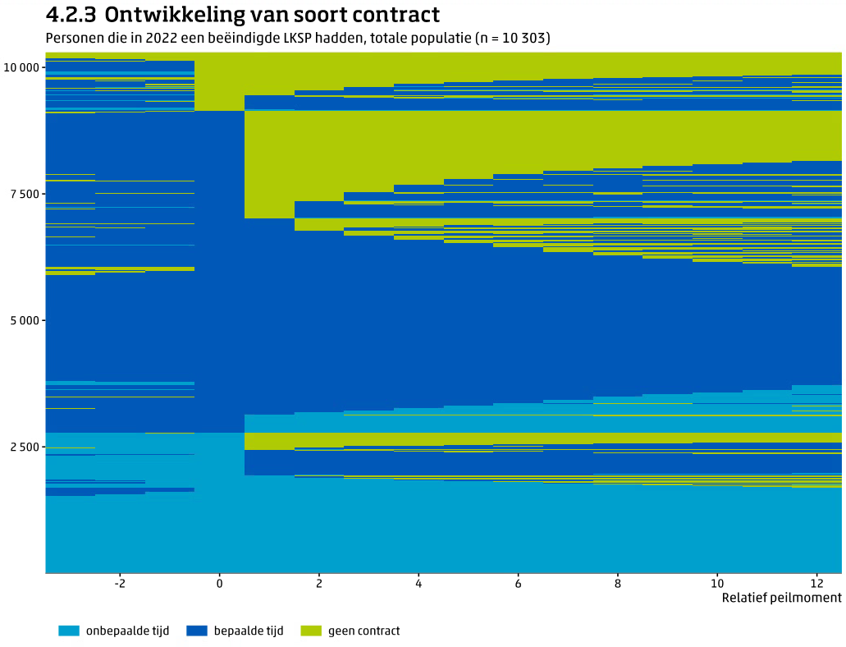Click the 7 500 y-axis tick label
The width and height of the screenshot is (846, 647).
point(24,194)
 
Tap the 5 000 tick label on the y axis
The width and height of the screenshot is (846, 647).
point(24,320)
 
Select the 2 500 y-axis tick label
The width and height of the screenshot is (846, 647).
point(24,447)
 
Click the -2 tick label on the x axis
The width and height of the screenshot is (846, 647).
point(119,583)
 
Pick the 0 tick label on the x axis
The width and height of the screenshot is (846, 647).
point(219,583)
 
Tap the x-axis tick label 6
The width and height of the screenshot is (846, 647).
point(518,583)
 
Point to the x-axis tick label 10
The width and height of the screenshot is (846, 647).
point(717,583)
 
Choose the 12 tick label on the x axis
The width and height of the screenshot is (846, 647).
point(816,583)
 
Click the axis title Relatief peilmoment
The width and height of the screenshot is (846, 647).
point(781,598)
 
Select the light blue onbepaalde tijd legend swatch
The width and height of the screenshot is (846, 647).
point(69,631)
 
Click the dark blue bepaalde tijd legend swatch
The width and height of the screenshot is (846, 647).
point(197,631)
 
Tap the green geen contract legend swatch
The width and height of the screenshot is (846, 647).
point(311,631)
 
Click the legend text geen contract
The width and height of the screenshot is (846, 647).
point(364,631)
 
